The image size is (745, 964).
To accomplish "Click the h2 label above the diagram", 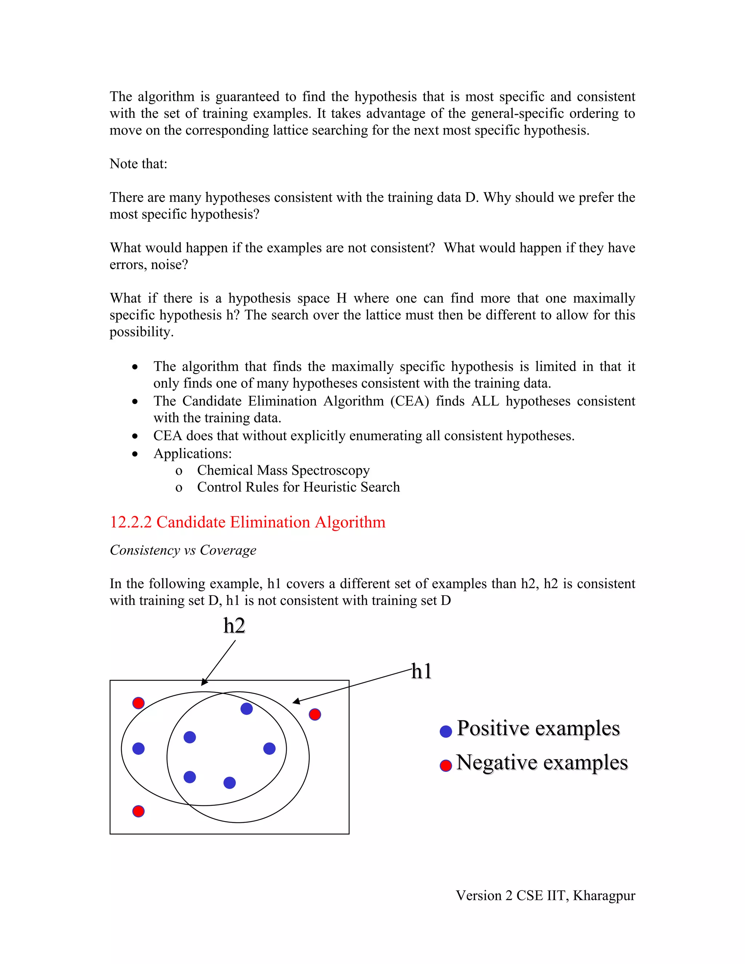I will (x=234, y=626).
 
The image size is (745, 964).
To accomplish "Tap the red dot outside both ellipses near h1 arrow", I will (x=315, y=714).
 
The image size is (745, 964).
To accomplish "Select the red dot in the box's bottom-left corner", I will (x=138, y=811).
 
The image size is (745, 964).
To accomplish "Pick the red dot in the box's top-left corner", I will (x=138, y=703).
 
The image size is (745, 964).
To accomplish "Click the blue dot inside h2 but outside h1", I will (x=138, y=748).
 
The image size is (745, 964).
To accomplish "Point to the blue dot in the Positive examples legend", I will (x=446, y=732).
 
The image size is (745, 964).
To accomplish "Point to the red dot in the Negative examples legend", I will (x=446, y=765).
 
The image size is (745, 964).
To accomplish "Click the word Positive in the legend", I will (x=493, y=728).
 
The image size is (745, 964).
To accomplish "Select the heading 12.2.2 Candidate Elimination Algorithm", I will (x=247, y=522).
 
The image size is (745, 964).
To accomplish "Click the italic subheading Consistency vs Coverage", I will (x=183, y=550).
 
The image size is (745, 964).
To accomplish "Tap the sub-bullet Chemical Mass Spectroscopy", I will (x=283, y=470).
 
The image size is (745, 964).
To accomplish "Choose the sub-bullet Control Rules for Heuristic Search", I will (x=298, y=487).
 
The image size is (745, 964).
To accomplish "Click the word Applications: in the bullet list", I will (x=192, y=453).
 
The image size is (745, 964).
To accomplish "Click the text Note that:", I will (x=138, y=164).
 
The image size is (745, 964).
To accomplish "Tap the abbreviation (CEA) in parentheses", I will (x=409, y=401).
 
